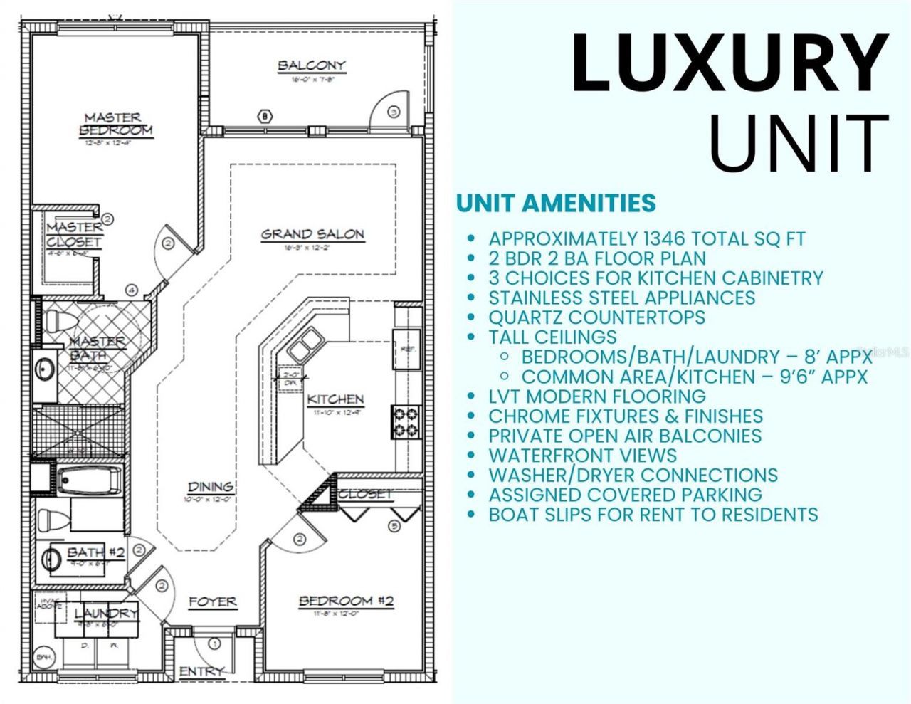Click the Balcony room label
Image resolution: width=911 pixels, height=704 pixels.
click(x=311, y=65)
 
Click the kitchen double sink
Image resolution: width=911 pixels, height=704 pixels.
click(x=304, y=348)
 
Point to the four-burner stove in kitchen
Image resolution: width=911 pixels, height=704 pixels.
click(x=406, y=421)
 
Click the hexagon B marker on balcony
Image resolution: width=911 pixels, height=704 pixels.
click(x=265, y=116)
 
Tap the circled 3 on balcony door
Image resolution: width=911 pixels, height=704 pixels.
click(x=394, y=112)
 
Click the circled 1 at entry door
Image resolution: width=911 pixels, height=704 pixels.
click(x=214, y=644)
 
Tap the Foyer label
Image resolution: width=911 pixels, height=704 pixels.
click(x=212, y=602)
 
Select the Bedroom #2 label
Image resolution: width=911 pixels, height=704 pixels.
click(x=346, y=601)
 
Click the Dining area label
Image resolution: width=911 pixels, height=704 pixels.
click(x=210, y=487)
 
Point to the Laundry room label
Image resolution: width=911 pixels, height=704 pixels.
click(x=106, y=613)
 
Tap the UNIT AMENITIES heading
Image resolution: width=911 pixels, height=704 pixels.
click(x=556, y=203)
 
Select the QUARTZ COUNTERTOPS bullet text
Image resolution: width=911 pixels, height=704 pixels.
click(x=596, y=317)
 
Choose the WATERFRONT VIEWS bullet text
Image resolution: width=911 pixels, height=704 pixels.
click(x=582, y=455)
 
